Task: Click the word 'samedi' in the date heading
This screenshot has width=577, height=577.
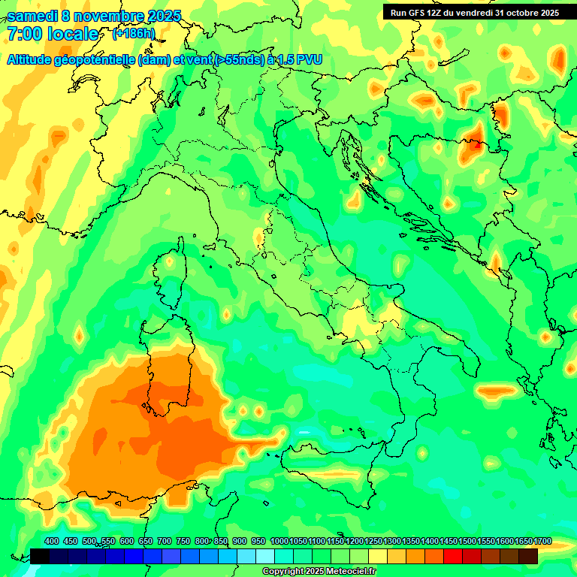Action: (x=32, y=16)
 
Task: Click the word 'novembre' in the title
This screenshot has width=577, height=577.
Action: (x=108, y=16)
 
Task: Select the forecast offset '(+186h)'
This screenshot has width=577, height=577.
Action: (x=134, y=34)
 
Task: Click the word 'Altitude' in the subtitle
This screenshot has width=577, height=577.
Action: (x=33, y=59)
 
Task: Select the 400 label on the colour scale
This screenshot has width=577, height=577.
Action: (x=52, y=541)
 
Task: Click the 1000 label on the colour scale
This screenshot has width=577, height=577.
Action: (x=279, y=541)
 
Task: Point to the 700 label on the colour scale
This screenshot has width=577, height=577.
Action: (x=164, y=541)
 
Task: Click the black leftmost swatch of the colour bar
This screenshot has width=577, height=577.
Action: (x=40, y=556)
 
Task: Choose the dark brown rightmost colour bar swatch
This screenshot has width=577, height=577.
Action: (x=528, y=556)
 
